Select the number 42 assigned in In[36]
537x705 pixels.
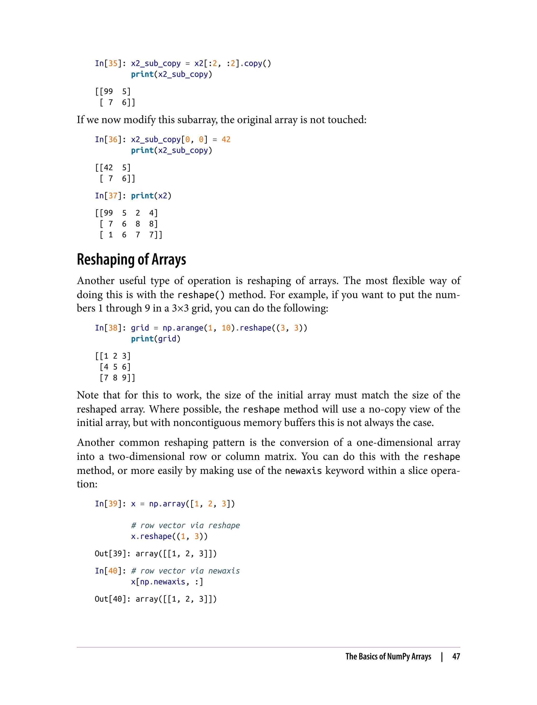pyautogui.click(x=226, y=140)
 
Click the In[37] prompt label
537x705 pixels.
pyautogui.click(x=108, y=196)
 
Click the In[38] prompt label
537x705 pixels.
pyautogui.click(x=108, y=328)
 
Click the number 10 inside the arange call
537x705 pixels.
pyautogui.click(x=226, y=328)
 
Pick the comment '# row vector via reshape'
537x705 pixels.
pyautogui.click(x=185, y=525)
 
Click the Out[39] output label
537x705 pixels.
pyautogui.click(x=110, y=554)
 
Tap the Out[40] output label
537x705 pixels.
pyautogui.click(x=110, y=599)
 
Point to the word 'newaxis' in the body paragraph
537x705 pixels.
pyautogui.click(x=303, y=471)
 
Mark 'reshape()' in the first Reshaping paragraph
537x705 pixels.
pyautogui.click(x=201, y=295)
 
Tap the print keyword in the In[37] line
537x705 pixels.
pyautogui.click(x=142, y=196)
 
